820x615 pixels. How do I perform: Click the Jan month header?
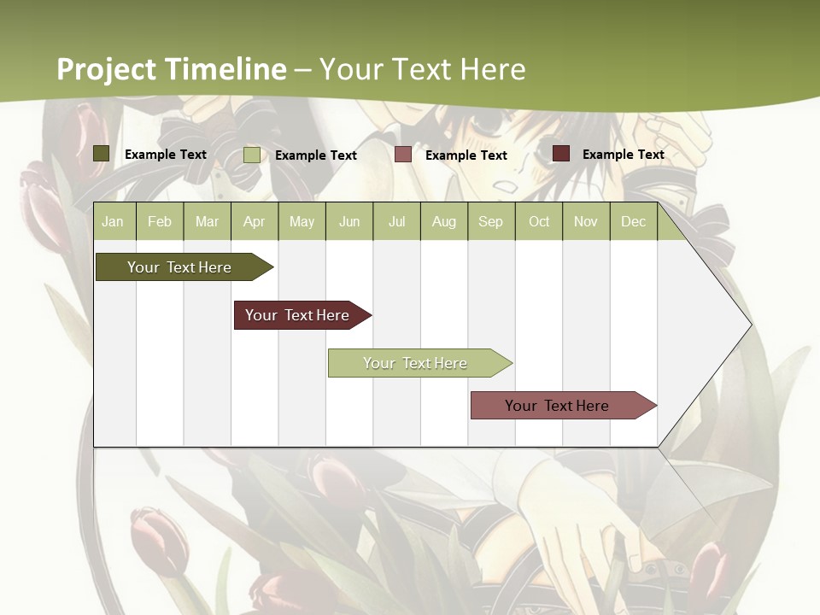point(113,221)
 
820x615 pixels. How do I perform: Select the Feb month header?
point(160,221)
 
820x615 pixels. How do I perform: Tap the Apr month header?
point(255,221)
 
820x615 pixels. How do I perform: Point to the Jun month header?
point(349,221)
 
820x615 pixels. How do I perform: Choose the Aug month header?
point(444,221)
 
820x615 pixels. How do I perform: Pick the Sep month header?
point(490,221)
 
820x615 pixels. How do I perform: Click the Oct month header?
point(539,221)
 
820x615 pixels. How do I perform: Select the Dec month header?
point(633,221)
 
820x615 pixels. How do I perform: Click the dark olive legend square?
point(102,154)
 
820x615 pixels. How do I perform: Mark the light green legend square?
point(252,155)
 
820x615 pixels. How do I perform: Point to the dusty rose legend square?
point(403,155)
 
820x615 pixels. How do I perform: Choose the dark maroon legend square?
point(561,154)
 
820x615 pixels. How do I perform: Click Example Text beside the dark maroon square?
point(623,154)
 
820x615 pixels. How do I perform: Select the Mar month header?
point(207,221)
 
